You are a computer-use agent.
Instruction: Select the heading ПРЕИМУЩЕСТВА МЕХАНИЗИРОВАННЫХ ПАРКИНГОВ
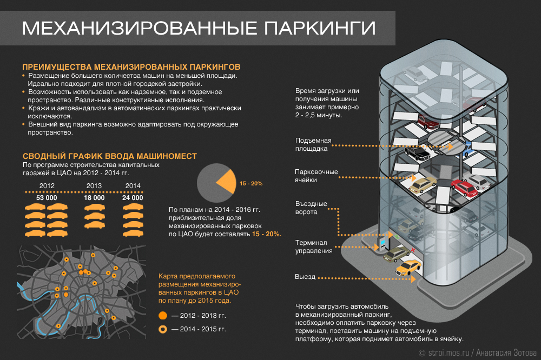[131, 67]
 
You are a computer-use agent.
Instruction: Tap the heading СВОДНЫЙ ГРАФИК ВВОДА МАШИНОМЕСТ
[110, 156]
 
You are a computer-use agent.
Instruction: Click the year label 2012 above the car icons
[47, 186]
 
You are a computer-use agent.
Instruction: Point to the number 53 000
[47, 198]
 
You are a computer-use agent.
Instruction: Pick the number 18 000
[94, 198]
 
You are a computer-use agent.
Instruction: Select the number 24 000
[133, 198]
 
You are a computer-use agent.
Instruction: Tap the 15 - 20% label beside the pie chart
[251, 183]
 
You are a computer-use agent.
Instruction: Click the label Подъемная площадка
[313, 144]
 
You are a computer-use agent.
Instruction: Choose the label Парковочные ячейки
[316, 176]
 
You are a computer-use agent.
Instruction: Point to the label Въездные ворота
[311, 208]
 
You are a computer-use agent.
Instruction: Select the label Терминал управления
[314, 246]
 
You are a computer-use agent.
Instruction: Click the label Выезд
[305, 277]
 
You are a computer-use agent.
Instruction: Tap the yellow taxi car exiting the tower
[408, 267]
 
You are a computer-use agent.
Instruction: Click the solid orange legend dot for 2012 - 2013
[162, 316]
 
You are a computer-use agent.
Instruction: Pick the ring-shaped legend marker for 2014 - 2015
[162, 329]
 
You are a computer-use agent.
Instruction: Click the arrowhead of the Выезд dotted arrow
[413, 278]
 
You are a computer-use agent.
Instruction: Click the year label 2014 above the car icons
[133, 186]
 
